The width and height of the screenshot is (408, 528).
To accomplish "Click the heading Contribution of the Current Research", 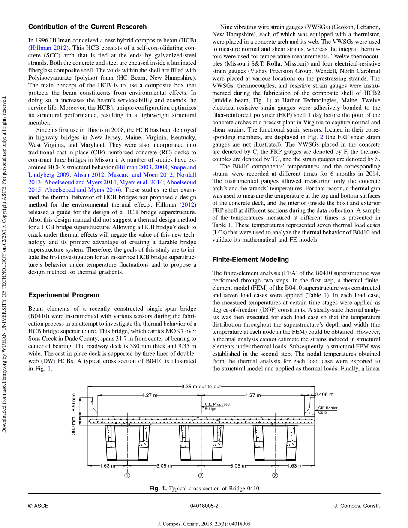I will click(87, 27).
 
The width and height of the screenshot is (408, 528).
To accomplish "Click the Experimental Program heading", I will click(63, 295).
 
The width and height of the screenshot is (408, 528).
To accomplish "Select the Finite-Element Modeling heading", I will click(251, 259).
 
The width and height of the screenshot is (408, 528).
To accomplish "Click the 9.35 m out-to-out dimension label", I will click(201, 386).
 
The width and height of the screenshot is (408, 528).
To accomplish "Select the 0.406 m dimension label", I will click(324, 394).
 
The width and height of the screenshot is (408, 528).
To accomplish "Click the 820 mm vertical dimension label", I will click(73, 402).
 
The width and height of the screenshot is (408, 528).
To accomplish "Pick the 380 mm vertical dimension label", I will click(73, 426).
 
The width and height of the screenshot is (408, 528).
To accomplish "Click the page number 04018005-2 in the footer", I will click(204, 506).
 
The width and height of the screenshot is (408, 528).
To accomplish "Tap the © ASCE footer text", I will click(38, 506).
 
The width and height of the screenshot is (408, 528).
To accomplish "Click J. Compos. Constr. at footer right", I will click(357, 506).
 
